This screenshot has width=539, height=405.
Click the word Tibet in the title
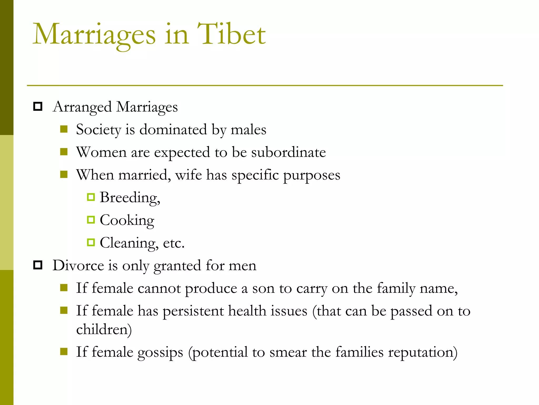click(231, 34)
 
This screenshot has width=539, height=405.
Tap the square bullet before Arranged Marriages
click(38, 107)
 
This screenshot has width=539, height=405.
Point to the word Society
click(98, 130)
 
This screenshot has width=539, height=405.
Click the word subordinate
click(288, 152)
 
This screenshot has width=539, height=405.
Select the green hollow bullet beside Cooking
click(91, 220)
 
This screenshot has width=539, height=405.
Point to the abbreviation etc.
click(174, 243)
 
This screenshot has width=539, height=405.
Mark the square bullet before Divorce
click(38, 265)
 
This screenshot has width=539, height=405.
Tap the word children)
click(104, 329)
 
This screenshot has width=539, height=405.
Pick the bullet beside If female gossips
click(64, 351)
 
